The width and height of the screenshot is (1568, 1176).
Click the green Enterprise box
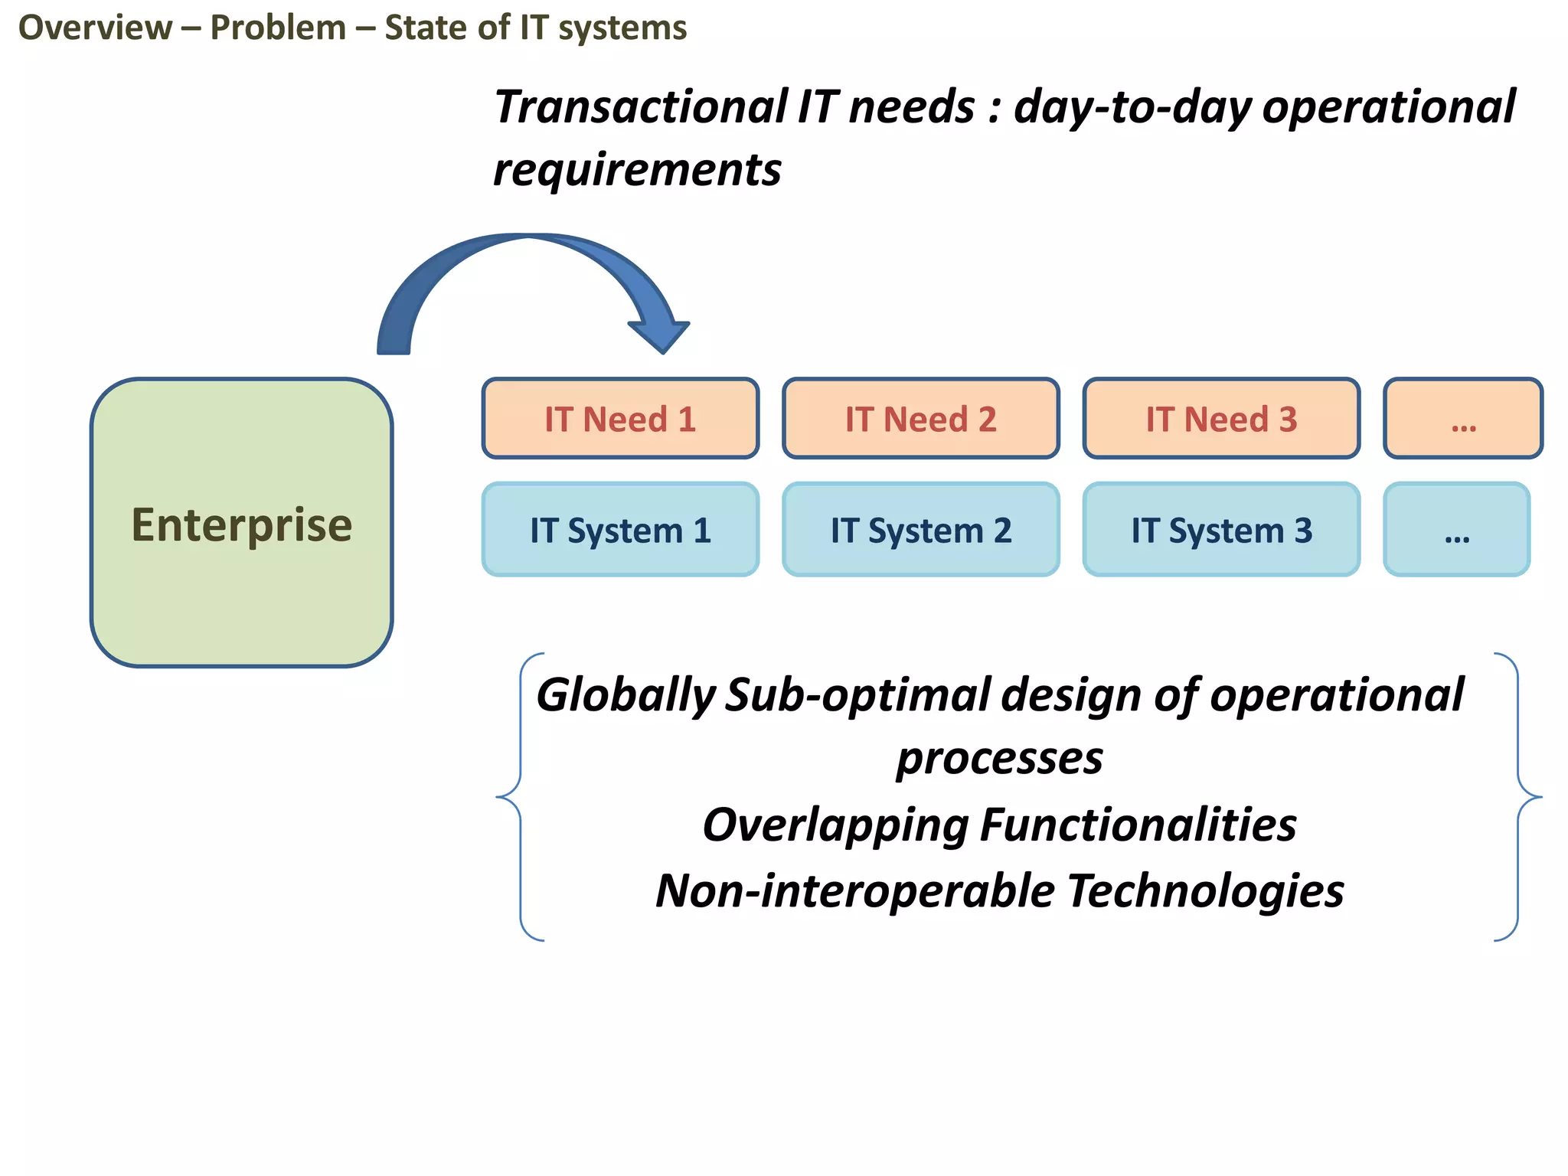coord(241,523)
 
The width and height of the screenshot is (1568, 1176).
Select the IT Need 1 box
coord(620,419)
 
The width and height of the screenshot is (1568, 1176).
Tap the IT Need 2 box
coord(920,419)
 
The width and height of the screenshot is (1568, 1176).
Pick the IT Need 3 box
coord(1221,419)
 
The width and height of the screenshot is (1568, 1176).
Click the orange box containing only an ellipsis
coord(1463,419)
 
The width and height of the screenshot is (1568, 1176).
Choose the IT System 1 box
coord(620,530)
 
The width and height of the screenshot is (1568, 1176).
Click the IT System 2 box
coord(920,530)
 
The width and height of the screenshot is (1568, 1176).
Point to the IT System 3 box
coord(1221,530)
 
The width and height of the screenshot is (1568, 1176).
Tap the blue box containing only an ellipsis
coord(1456,530)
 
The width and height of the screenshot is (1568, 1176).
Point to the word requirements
coord(637,169)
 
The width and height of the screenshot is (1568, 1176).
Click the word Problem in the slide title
coord(278,28)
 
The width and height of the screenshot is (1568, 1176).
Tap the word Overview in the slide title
coord(95,28)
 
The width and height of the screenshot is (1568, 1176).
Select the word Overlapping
coord(836,825)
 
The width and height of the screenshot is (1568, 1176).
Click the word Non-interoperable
coord(855,891)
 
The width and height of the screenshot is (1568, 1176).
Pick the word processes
coord(999,759)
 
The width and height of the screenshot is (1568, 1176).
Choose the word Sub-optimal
coord(857,695)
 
